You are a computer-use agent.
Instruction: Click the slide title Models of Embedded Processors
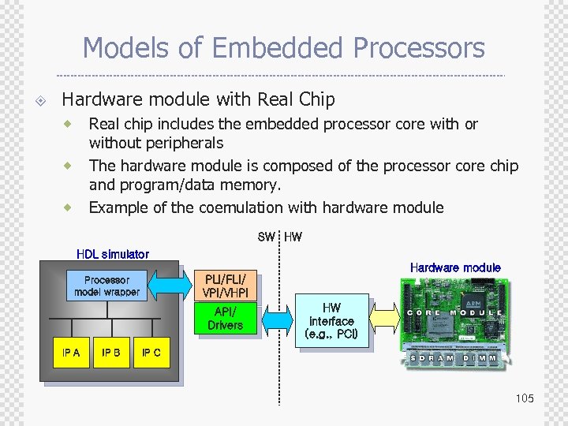tap(283, 48)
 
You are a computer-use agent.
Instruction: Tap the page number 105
tap(525, 398)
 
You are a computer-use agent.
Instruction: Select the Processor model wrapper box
tap(106, 286)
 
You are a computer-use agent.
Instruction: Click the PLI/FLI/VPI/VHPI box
tap(226, 286)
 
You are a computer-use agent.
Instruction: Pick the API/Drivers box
tap(226, 319)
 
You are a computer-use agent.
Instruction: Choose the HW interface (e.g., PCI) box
tap(331, 321)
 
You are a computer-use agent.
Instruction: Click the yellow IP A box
tap(71, 353)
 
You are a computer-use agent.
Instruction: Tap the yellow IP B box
tap(111, 353)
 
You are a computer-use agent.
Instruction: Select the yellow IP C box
tap(151, 353)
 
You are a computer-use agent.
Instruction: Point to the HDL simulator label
tap(112, 254)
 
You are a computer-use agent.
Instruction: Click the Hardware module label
tap(455, 267)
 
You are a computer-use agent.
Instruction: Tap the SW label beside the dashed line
tap(267, 237)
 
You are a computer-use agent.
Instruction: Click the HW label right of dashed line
tap(293, 237)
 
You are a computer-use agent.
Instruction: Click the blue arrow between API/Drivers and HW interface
tap(277, 319)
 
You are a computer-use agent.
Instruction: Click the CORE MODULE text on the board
tap(454, 313)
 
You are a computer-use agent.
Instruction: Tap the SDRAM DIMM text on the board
tap(454, 357)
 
